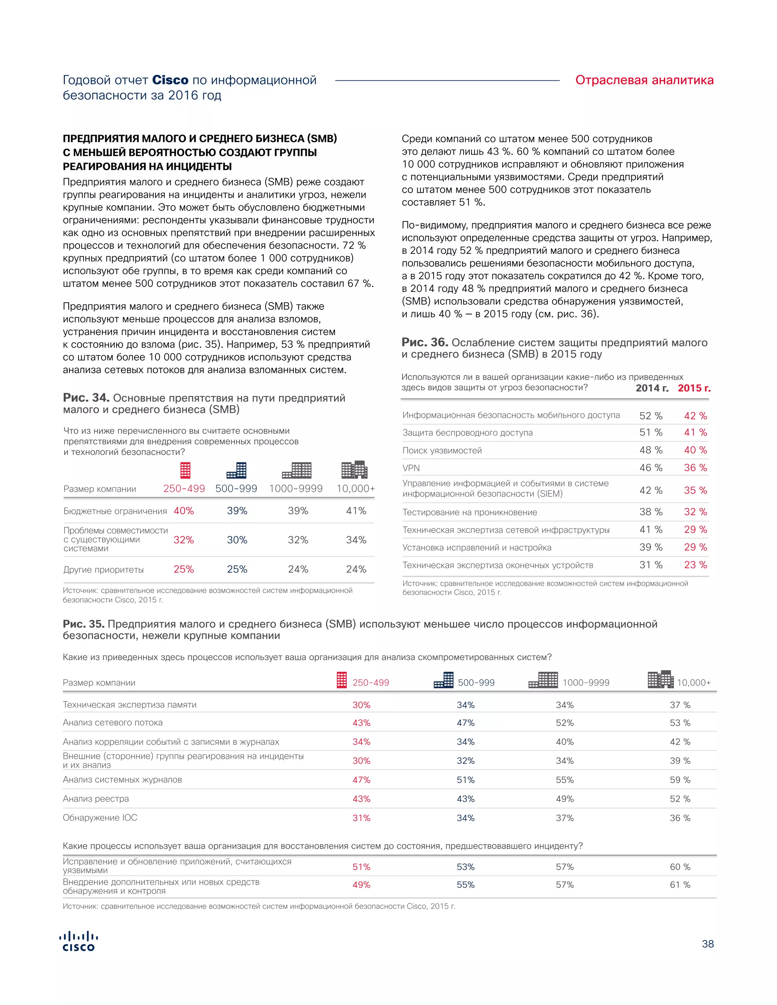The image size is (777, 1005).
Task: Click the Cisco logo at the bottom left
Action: tap(78, 942)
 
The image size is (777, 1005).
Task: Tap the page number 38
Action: tap(708, 944)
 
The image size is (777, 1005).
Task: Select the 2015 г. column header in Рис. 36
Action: tap(694, 388)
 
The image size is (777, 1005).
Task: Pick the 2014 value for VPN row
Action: tap(650, 468)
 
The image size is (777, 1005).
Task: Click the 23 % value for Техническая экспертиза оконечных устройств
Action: tap(695, 565)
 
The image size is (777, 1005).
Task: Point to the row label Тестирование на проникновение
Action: tap(470, 512)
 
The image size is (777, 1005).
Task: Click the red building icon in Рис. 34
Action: tap(185, 470)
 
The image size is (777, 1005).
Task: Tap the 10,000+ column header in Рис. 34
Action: tap(355, 489)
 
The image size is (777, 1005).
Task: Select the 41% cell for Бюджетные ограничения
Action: tap(356, 511)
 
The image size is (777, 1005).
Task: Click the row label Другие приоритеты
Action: tap(104, 570)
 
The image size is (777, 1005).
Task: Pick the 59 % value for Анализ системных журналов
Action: tap(680, 780)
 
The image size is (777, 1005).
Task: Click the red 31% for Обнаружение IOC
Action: tap(361, 818)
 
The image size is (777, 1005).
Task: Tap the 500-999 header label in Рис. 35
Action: tap(476, 682)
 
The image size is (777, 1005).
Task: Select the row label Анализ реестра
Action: tap(96, 799)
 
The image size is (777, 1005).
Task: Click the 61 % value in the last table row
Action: tap(680, 884)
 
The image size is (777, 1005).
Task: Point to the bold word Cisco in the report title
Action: tap(170, 80)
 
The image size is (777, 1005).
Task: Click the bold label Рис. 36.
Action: tap(425, 342)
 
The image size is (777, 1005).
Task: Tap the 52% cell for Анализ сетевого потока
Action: tap(564, 723)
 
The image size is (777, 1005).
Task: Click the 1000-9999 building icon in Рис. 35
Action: tap(543, 680)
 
